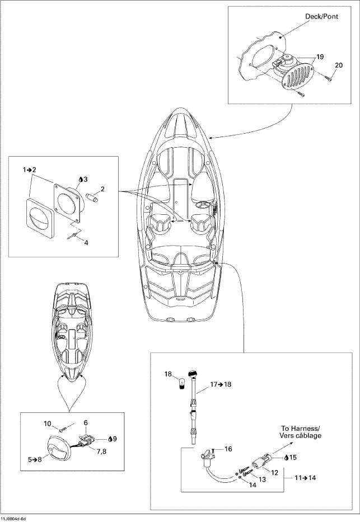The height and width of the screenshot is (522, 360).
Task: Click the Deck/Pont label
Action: point(321,16)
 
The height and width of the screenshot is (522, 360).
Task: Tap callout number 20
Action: point(338,65)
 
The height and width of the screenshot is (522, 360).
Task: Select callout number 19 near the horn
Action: point(320,57)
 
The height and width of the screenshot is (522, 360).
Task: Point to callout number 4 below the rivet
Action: point(86,243)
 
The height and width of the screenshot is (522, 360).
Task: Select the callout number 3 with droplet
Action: point(83,180)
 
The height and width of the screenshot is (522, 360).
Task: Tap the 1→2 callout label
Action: point(29,170)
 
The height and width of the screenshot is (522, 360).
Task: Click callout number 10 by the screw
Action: point(48,424)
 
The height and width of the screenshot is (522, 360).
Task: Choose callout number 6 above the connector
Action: point(86,423)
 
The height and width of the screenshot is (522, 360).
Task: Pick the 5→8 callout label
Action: point(35,460)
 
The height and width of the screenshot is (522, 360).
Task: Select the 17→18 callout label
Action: point(221,384)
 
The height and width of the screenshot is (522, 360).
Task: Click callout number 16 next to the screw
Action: point(228,449)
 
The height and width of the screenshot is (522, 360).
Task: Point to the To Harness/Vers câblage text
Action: point(301,432)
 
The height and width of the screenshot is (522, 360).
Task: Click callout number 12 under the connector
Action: point(274,472)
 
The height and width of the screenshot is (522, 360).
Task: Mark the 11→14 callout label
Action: point(305,478)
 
